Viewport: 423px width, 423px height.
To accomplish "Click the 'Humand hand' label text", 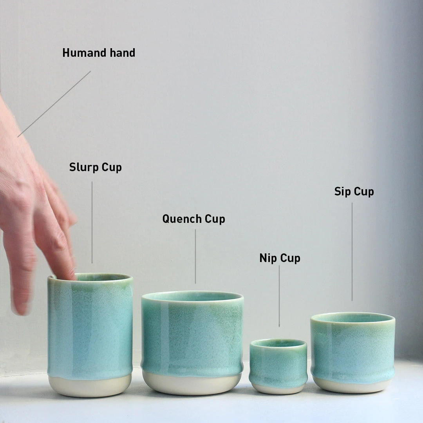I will point(99,53).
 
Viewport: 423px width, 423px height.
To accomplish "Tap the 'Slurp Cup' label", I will point(96,167).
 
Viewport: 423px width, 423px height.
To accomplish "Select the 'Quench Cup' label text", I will point(193,219).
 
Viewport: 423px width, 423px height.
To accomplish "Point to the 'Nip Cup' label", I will point(280,258).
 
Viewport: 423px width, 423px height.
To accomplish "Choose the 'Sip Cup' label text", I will point(354,192).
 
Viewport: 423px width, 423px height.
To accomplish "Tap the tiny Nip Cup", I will point(278,364).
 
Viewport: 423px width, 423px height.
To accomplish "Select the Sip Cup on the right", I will point(352,349).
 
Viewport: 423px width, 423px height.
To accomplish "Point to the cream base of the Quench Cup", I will point(192,384).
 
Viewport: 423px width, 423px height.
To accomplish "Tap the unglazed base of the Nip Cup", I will point(278,388).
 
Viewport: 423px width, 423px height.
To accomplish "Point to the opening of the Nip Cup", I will point(278,343).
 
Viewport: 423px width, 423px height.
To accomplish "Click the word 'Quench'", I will point(182,219).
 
